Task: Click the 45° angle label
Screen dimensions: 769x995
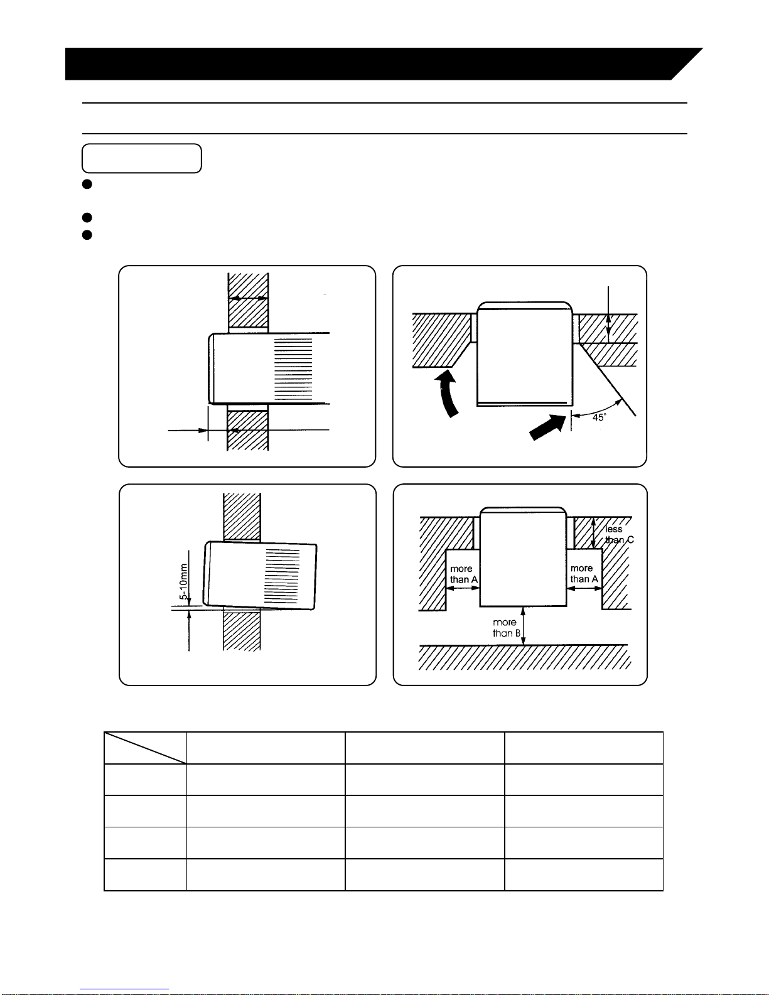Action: coord(599,417)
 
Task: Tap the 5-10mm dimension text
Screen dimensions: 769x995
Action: coord(183,581)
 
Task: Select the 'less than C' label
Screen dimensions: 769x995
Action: coord(620,534)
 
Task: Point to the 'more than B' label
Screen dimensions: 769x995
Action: coord(506,628)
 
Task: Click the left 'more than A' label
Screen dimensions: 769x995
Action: coord(464,574)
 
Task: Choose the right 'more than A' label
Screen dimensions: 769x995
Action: coord(584,574)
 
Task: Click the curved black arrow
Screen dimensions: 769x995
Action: coord(447,394)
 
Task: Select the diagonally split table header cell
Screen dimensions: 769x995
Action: coord(145,748)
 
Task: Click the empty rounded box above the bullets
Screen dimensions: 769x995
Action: coord(142,158)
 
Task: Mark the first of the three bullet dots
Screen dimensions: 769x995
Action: coord(87,184)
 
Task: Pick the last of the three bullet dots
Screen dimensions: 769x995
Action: coord(87,235)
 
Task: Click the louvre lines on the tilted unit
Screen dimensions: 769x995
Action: coord(282,576)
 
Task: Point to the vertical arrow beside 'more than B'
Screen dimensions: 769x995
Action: coord(523,626)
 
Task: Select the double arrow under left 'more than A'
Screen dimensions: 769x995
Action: coord(463,588)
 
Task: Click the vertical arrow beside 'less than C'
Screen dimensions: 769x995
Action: coord(593,533)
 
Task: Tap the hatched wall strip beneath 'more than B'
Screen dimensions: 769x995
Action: coord(525,657)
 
